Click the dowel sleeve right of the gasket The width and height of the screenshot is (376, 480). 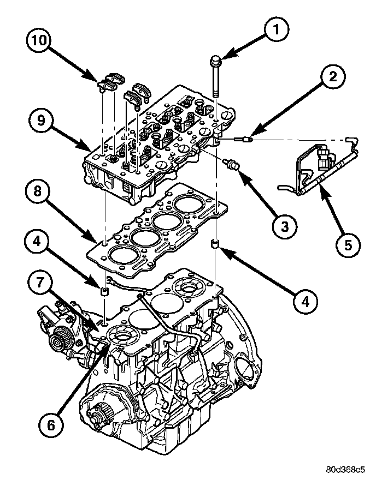(216, 243)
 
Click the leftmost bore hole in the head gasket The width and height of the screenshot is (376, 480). (119, 254)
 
